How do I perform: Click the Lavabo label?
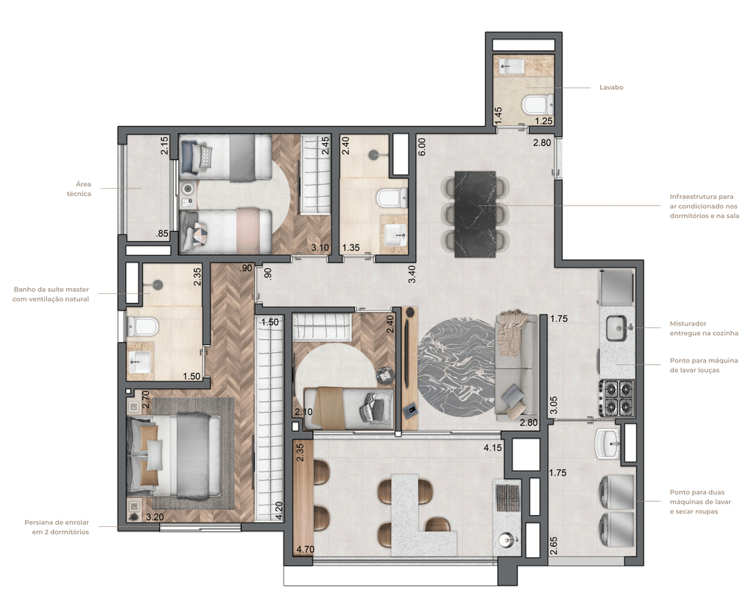click(611, 87)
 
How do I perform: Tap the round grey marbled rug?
click(454, 366)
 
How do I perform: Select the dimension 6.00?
click(422, 146)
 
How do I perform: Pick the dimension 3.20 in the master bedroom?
click(154, 517)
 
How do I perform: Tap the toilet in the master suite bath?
click(144, 325)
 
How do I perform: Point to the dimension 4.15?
click(493, 447)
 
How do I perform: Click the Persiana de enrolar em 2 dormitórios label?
click(56, 527)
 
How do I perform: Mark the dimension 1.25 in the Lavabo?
click(543, 120)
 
